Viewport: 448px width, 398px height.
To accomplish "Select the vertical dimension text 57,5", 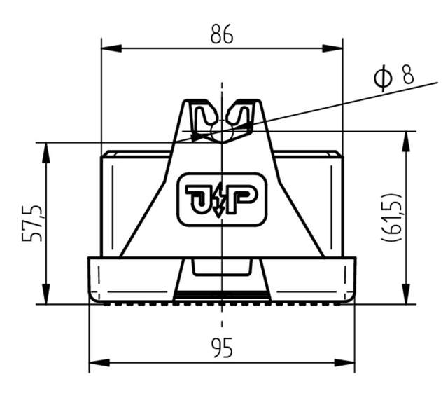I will click(31, 223).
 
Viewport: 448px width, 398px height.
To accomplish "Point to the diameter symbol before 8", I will click(382, 77).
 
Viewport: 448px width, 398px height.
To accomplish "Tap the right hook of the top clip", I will click(240, 117).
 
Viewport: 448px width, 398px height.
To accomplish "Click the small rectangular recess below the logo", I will click(221, 266).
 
